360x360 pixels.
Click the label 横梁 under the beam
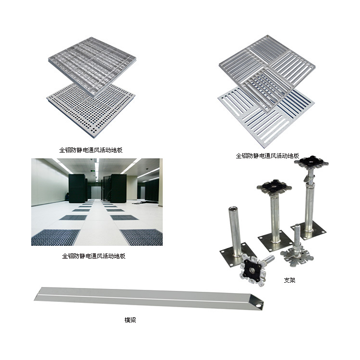tap(130, 320)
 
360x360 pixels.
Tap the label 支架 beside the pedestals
tap(289, 280)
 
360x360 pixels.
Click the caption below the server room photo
tap(94, 256)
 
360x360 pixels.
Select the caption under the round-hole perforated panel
tap(91, 150)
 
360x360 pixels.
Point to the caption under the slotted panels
tap(267, 156)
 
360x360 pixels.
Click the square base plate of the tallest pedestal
tap(308, 231)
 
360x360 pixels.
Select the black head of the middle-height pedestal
tap(274, 186)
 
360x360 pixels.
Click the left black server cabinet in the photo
tap(77, 188)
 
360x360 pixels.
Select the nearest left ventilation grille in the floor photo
tap(55, 238)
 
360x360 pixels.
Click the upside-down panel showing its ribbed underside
tap(93, 66)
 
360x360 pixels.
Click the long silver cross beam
tap(149, 299)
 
